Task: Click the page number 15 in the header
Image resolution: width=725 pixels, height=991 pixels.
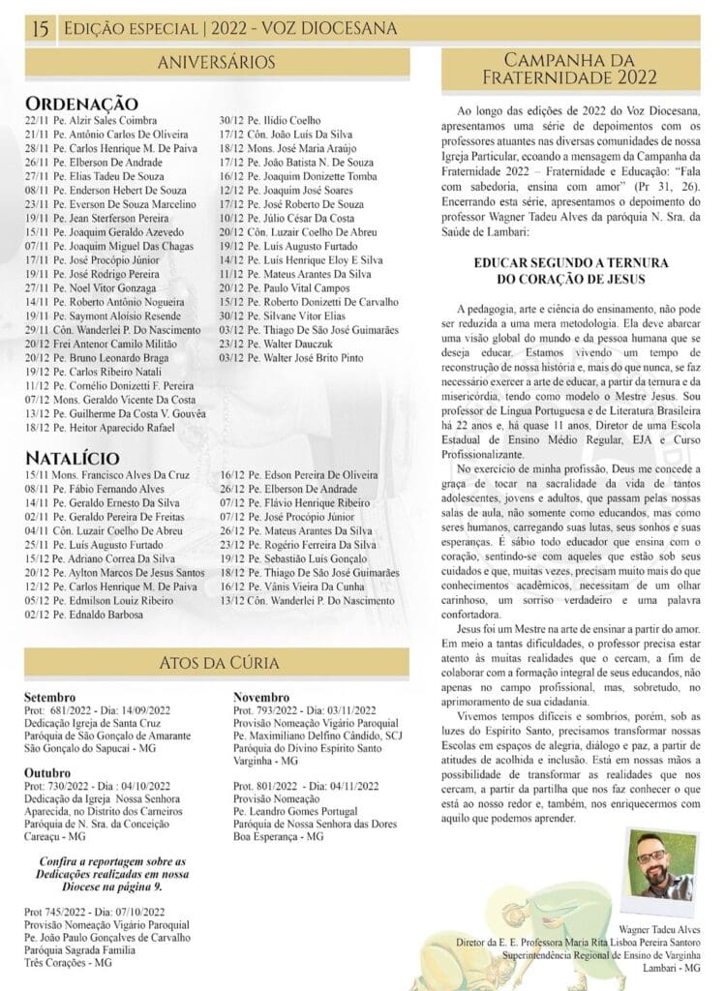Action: pos(41,29)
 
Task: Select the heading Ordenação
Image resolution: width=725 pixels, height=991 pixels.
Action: pos(81,103)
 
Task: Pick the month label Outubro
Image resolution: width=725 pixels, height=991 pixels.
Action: pos(49,773)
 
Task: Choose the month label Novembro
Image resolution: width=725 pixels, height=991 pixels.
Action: pos(261,697)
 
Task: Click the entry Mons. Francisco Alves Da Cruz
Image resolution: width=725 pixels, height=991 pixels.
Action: pos(107,474)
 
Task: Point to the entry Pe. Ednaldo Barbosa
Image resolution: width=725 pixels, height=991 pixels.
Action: pos(91,614)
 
